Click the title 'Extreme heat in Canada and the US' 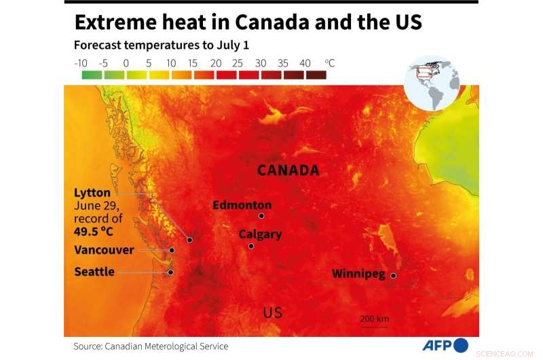click(248, 22)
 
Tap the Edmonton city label click(242, 205)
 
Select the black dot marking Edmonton click(261, 216)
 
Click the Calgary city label click(259, 234)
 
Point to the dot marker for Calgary click(251, 246)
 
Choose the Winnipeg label click(358, 274)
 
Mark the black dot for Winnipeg click(393, 276)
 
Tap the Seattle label click(94, 272)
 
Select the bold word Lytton click(92, 193)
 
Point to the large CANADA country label click(288, 170)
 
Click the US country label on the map click(272, 312)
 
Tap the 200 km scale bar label click(374, 319)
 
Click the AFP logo click(445, 346)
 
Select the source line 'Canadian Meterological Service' click(166, 346)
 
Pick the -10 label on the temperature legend click(81, 63)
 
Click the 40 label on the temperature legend click(305, 63)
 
